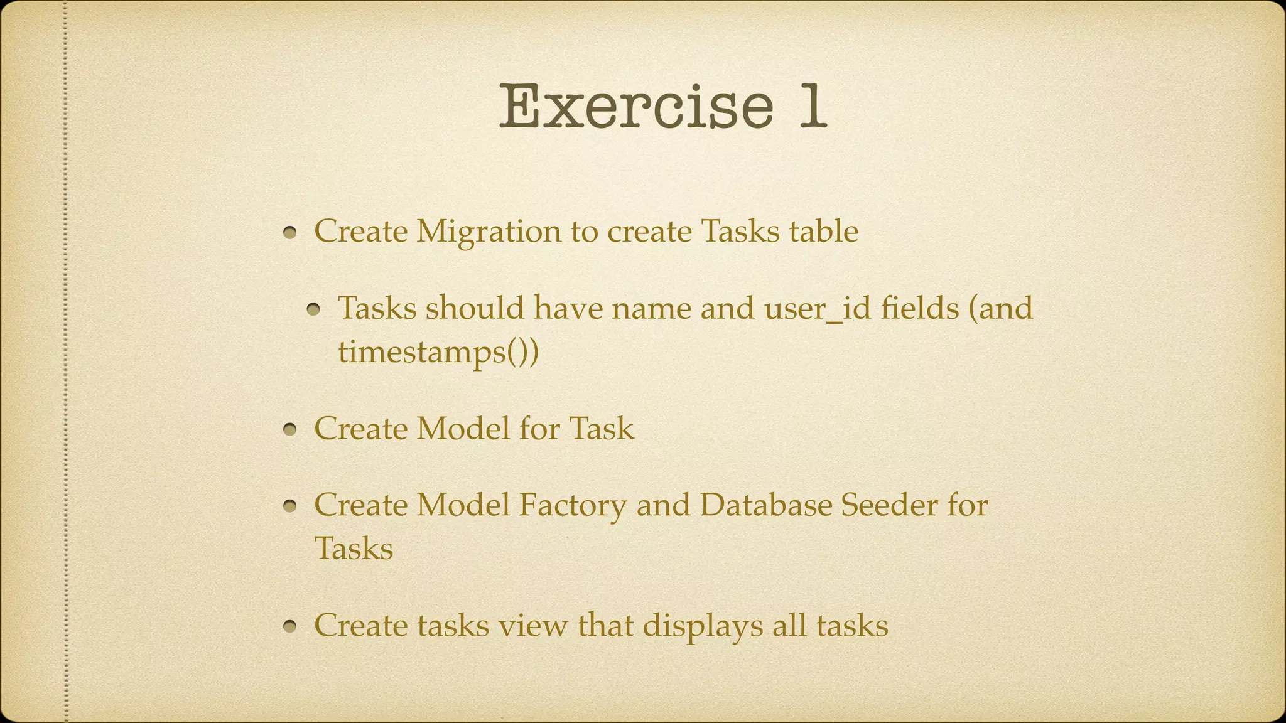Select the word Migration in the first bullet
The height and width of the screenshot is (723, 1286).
tap(488, 232)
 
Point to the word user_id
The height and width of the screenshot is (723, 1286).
tap(818, 309)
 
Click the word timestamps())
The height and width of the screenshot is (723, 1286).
tap(438, 351)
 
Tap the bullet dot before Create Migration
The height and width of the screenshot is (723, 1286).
tap(289, 233)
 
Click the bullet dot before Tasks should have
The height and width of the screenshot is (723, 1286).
tap(314, 310)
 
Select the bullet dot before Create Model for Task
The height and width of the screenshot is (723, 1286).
tap(289, 431)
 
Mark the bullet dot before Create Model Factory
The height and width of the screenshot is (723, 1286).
tap(289, 507)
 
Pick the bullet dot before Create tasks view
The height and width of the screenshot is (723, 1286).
tap(289, 628)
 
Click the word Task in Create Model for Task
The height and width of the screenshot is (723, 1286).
tap(602, 429)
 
